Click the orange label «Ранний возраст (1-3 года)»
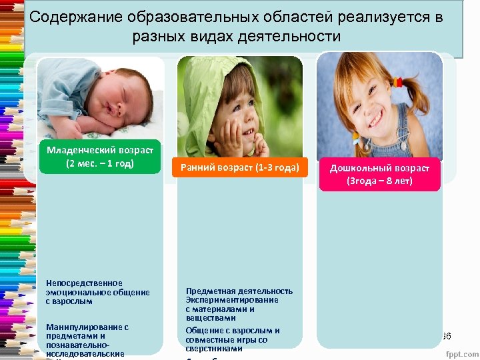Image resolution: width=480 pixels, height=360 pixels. coord(239,168)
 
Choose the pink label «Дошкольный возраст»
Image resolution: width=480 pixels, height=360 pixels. coord(379,168)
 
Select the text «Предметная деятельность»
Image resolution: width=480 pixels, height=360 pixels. coord(239,291)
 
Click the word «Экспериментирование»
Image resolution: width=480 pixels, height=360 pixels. coord(232,300)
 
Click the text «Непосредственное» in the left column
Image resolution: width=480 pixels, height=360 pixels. coord(85,283)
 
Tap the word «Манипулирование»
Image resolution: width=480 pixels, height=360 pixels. coord(87,327)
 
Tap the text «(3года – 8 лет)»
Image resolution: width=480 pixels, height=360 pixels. coord(379,181)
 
